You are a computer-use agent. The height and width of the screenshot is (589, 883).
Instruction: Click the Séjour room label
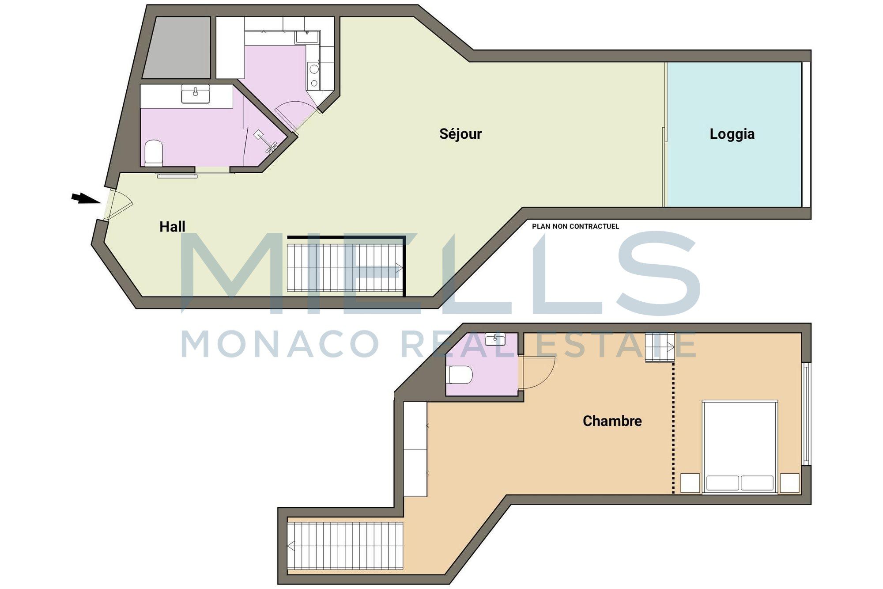click(x=460, y=134)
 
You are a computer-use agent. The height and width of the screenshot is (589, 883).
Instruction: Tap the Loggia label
click(x=732, y=134)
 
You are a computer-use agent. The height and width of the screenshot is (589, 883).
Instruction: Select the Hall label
click(x=172, y=227)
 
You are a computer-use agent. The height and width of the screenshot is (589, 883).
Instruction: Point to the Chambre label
click(x=612, y=421)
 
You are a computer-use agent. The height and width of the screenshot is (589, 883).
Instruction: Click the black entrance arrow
click(x=86, y=198)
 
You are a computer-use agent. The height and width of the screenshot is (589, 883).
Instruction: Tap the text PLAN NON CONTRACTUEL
click(x=575, y=226)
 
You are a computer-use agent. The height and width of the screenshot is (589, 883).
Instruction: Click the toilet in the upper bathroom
click(x=154, y=153)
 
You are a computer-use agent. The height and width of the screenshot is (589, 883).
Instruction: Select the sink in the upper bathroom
click(x=196, y=94)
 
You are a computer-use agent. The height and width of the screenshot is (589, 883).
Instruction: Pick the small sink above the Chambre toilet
click(x=495, y=339)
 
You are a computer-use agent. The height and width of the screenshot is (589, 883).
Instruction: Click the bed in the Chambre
click(x=740, y=447)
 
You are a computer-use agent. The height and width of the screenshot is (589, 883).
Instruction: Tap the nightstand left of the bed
click(x=690, y=483)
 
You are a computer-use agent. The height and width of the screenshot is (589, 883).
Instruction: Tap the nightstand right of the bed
click(x=789, y=483)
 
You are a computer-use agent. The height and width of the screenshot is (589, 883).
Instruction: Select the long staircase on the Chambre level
click(x=345, y=546)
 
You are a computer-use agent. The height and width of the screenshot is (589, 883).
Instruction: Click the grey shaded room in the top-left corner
click(x=177, y=48)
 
